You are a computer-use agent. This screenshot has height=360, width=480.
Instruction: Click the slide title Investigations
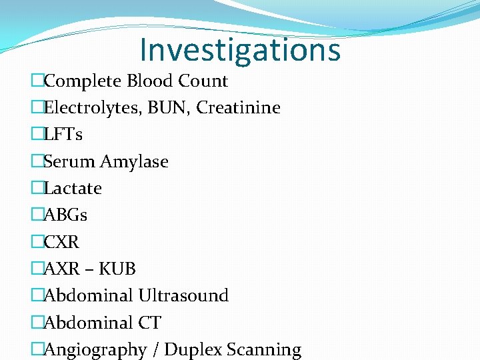click(240, 49)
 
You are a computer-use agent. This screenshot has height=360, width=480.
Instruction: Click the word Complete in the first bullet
click(83, 81)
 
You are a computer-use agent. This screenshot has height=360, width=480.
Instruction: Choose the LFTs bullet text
click(63, 135)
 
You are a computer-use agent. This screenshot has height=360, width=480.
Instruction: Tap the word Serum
click(69, 162)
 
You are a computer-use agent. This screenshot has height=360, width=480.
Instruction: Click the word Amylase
click(134, 162)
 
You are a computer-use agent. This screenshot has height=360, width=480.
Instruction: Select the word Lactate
click(73, 189)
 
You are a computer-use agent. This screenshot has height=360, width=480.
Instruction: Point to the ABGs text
click(65, 215)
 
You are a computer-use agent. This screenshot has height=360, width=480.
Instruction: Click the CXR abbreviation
click(61, 242)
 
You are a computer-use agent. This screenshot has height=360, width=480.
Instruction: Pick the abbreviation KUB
click(117, 269)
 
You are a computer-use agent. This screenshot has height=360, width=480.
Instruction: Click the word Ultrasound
click(183, 296)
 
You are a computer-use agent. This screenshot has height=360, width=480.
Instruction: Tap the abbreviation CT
click(149, 323)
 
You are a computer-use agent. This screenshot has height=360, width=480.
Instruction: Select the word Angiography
click(95, 350)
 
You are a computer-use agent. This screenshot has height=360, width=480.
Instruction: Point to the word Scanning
click(264, 350)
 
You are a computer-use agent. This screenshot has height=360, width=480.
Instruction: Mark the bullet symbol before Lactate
click(37, 189)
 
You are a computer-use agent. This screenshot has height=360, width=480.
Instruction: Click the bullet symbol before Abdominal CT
click(37, 323)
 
